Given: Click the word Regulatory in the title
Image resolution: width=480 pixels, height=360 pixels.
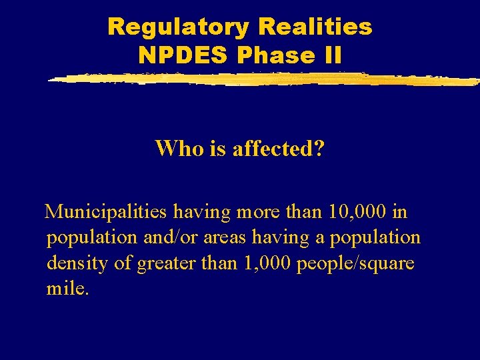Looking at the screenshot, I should point(177,27).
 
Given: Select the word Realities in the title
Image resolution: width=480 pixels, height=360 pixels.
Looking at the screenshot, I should point(315,27).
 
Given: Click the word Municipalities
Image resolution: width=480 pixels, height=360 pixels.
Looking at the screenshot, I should point(105,213).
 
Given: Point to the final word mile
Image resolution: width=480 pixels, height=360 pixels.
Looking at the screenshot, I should point(67,289).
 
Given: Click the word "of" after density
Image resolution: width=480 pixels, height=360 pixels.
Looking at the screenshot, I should point(123,263).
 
